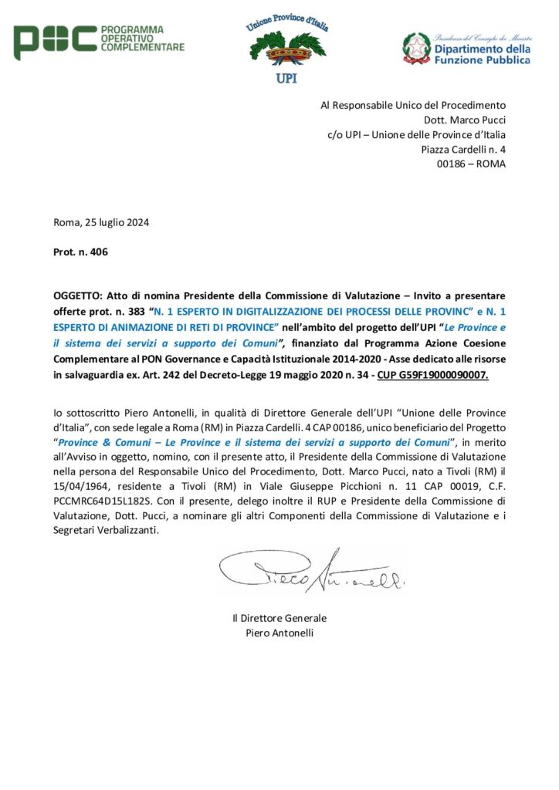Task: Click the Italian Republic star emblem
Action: tap(417, 49)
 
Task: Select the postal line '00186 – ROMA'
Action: tap(471, 164)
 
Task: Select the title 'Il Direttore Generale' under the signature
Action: tap(279, 618)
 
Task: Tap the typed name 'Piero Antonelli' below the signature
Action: tap(279, 633)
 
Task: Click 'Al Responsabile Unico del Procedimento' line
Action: tap(413, 105)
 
